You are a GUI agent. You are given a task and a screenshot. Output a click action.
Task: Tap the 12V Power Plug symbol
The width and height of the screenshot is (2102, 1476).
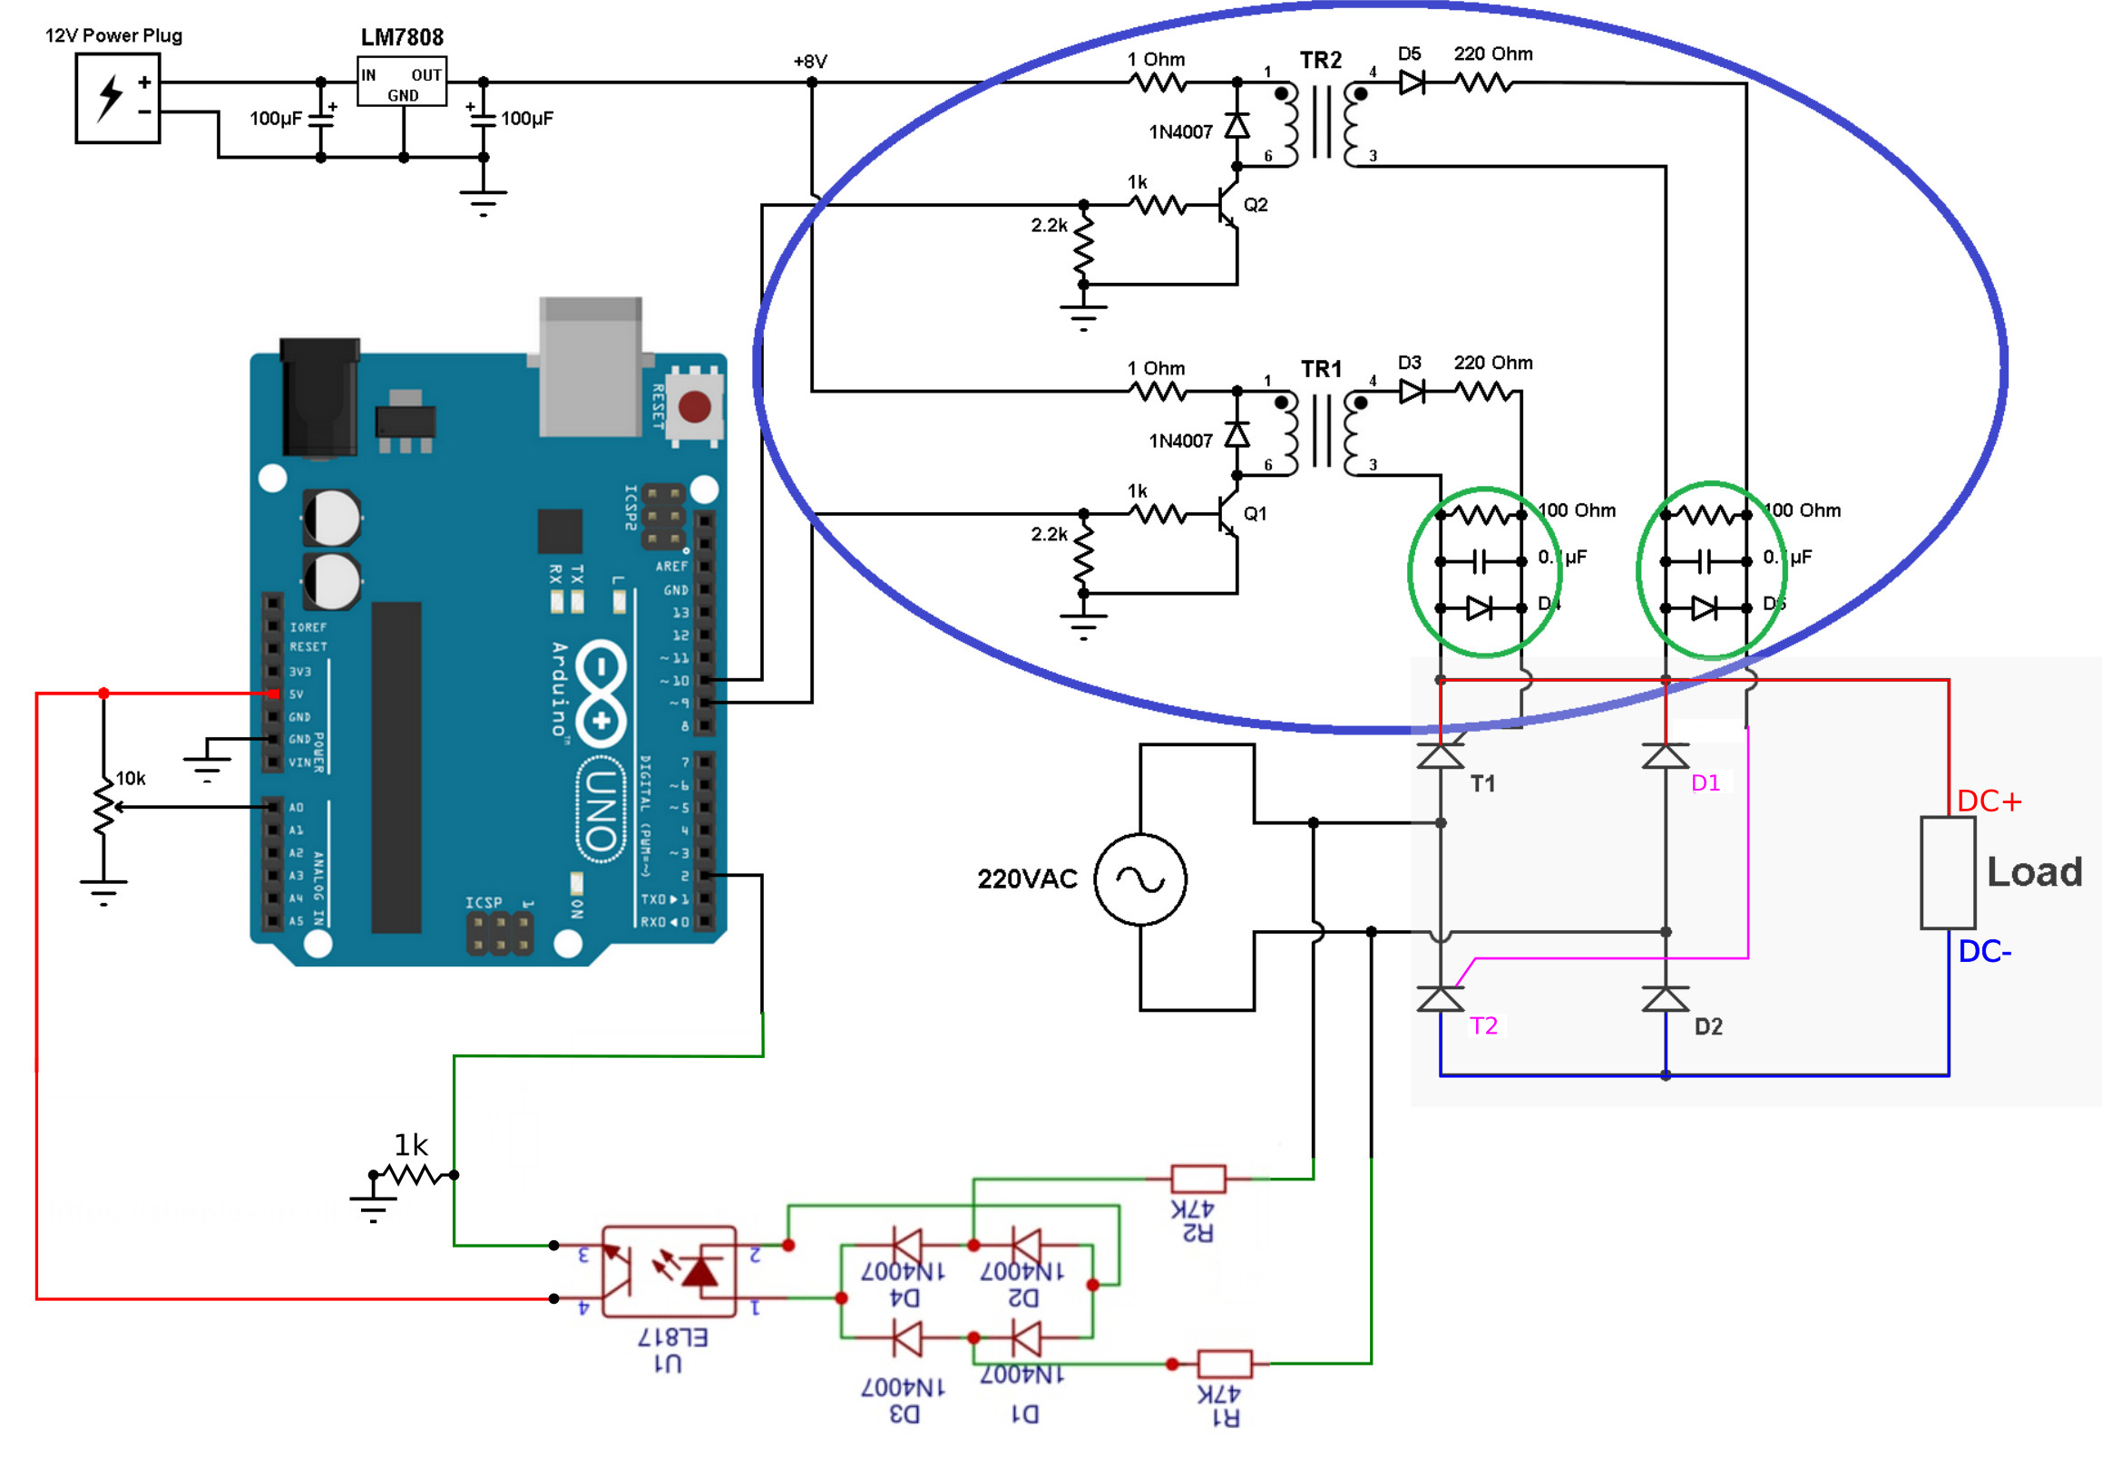(117, 98)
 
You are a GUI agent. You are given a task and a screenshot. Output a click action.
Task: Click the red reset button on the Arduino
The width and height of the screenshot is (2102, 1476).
(694, 406)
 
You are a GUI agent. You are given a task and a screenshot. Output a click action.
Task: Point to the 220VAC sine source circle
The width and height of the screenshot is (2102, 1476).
(1139, 879)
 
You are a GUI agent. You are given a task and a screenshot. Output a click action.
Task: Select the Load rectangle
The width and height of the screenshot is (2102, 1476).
(1946, 872)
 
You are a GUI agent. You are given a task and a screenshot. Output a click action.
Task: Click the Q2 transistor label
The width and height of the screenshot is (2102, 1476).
(1256, 205)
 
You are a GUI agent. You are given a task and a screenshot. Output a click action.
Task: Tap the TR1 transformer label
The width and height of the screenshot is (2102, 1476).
(1320, 369)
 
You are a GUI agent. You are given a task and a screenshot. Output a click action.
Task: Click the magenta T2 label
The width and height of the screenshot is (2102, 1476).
(1483, 1025)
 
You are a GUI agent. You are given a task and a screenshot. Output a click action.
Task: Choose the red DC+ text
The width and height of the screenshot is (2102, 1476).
(1989, 801)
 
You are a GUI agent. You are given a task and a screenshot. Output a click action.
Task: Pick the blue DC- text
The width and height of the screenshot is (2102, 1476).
(1984, 952)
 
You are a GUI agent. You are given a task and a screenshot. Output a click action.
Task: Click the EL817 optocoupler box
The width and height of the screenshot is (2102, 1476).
(669, 1272)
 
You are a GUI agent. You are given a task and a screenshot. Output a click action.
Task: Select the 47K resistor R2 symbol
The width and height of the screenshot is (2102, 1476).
(1198, 1179)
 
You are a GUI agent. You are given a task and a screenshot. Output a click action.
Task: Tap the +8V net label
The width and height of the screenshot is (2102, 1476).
(809, 62)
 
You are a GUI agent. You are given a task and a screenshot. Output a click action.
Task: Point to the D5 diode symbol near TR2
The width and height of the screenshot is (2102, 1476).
(1411, 83)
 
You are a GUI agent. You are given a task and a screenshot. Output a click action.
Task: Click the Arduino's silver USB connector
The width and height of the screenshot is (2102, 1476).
(590, 366)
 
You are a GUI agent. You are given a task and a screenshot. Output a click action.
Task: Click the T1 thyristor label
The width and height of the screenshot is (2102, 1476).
(1482, 783)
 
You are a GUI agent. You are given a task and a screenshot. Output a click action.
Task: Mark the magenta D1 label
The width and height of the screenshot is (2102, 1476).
(1705, 783)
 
